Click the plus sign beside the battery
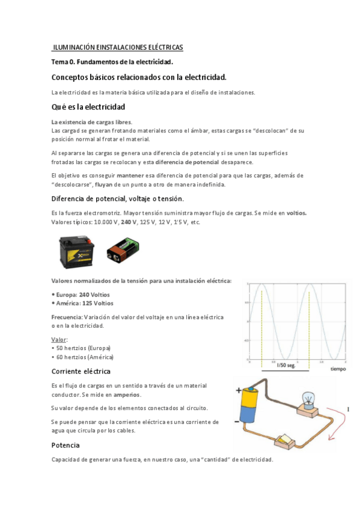(x=239, y=390)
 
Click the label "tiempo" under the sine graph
(x=337, y=369)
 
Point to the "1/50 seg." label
(x=285, y=365)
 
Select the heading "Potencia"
(x=66, y=446)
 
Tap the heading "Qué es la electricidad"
(x=88, y=106)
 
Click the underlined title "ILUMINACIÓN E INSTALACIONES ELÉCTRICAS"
(x=118, y=47)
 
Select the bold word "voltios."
(x=296, y=213)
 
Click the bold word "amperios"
(x=123, y=395)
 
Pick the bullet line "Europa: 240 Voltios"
(x=82, y=294)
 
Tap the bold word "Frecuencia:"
(x=67, y=316)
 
